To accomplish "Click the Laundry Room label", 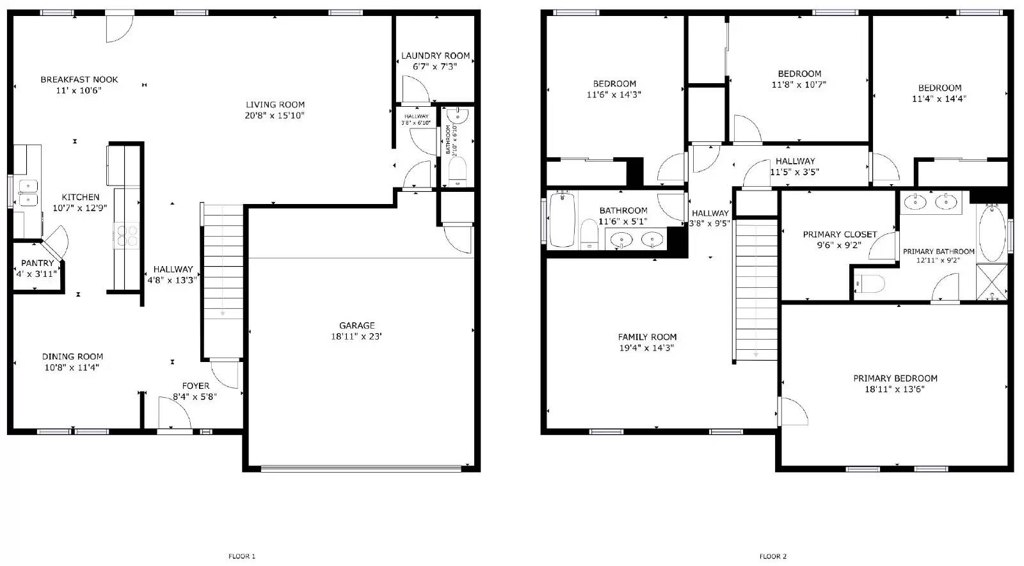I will (x=435, y=56).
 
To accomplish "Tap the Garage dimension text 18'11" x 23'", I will (x=356, y=336).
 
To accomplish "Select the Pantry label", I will (x=37, y=263).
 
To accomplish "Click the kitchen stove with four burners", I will (x=126, y=235).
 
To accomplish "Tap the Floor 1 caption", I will (x=242, y=556).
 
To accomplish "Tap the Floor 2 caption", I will (x=773, y=556).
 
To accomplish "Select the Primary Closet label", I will (x=840, y=235).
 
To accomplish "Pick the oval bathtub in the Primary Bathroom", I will (x=992, y=233).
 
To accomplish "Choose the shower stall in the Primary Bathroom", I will (x=991, y=282).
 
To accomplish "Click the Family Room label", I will (x=647, y=337).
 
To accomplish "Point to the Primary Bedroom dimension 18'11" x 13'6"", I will (x=895, y=389).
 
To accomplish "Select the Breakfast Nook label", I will (x=79, y=79).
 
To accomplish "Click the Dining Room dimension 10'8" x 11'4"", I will (x=72, y=367).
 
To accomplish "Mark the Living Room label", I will (x=275, y=104).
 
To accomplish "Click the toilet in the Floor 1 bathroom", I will (x=457, y=169).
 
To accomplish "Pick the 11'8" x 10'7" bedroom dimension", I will (x=799, y=84).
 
